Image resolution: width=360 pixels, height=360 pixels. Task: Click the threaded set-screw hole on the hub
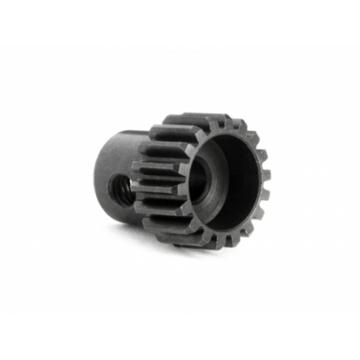117,189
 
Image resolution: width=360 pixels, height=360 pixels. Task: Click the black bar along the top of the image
180,22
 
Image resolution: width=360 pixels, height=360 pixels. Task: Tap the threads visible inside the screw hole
119,191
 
